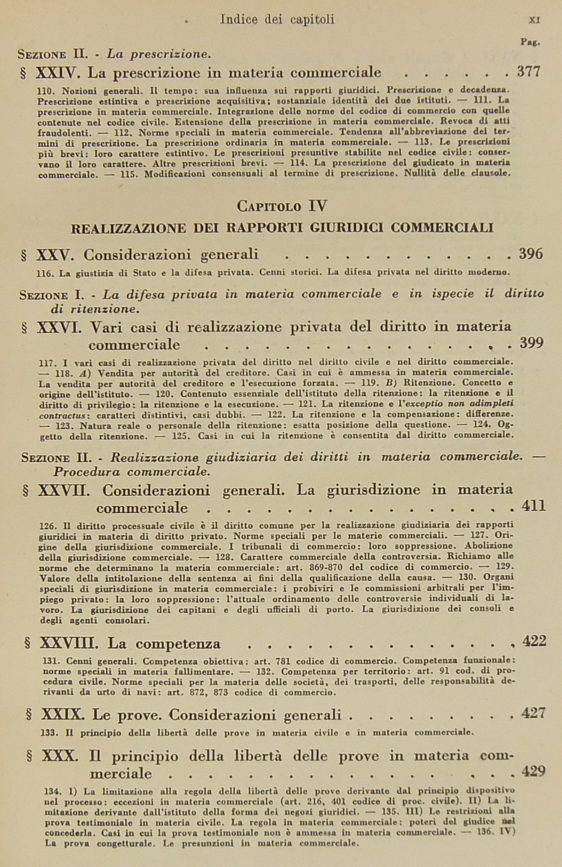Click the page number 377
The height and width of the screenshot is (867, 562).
tap(528, 72)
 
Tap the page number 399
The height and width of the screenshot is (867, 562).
tap(532, 342)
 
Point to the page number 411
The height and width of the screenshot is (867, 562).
tap(533, 505)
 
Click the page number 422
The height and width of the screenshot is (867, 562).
tap(534, 641)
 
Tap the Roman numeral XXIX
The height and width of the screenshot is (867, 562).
tap(63, 715)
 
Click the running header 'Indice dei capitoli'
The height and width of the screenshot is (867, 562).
tap(277, 19)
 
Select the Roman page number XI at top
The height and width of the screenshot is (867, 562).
tap(534, 20)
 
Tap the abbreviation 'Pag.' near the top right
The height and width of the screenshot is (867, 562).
tap(530, 42)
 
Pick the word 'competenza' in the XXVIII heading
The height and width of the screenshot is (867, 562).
tap(178, 643)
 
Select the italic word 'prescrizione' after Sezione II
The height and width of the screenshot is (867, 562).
tap(170, 54)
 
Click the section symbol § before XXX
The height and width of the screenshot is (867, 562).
tap(29, 756)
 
